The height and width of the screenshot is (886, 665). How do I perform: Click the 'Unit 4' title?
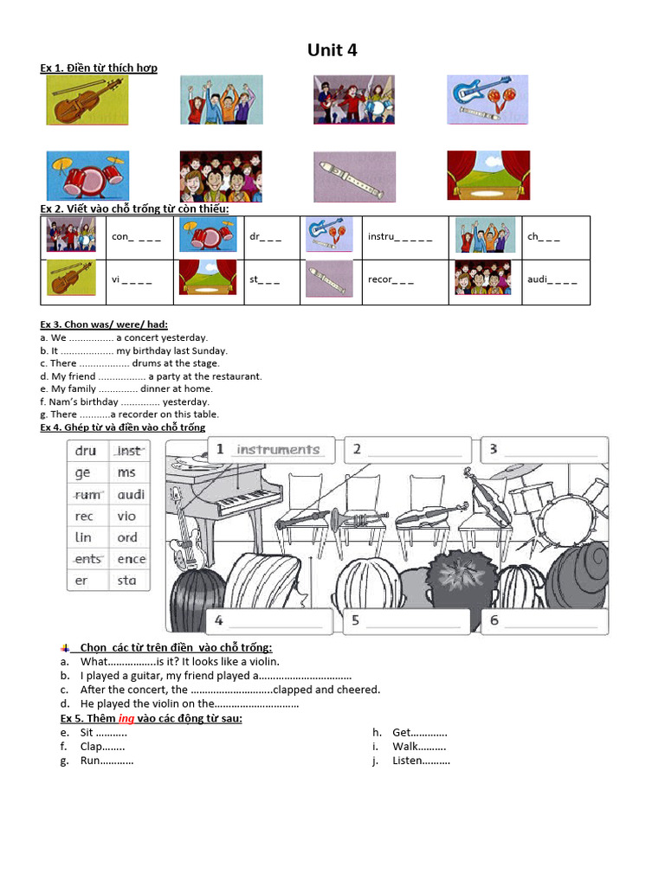pos(332,50)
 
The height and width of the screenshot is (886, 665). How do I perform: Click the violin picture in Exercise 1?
pos(87,100)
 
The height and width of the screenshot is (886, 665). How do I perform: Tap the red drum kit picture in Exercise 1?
pos(87,176)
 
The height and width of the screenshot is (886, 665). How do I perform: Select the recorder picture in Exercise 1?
pos(354,176)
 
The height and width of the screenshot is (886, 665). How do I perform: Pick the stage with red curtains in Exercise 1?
pos(487,176)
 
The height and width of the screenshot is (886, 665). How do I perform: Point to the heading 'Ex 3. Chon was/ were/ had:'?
pos(104,324)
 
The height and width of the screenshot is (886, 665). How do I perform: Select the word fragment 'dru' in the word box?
pos(86,451)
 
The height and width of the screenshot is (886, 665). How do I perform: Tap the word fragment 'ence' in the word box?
pos(131,559)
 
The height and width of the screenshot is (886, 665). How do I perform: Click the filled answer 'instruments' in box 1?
pos(277,450)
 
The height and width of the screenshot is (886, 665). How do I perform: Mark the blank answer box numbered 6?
pos(544,621)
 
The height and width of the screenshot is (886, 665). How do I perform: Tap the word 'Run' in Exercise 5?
pos(90,761)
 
